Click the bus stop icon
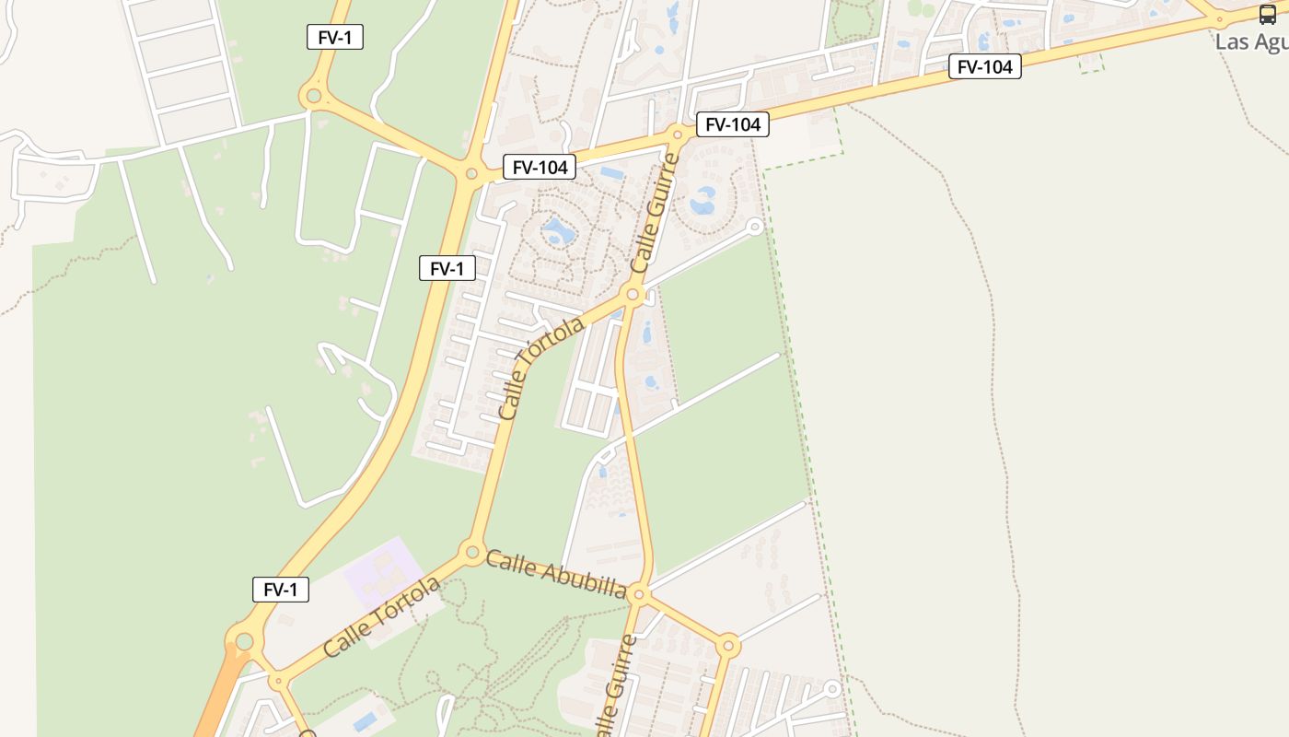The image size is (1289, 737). point(1268,14)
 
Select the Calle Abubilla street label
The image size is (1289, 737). point(556,573)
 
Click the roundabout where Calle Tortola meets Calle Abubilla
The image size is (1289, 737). point(472,553)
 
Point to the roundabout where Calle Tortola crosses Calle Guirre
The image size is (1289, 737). point(633,295)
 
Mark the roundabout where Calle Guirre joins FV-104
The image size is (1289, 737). point(678,135)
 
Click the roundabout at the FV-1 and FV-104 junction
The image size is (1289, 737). point(471,173)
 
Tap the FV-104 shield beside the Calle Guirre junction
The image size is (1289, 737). point(732,124)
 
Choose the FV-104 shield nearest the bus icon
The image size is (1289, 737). point(984,66)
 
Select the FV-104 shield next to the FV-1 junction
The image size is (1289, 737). point(539,167)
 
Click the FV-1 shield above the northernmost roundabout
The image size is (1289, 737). point(334,37)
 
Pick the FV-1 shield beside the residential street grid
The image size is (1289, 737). point(447,268)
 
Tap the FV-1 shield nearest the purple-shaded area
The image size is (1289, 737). point(280,590)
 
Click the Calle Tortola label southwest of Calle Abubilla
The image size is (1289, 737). point(382,617)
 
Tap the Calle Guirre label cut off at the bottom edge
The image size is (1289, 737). point(615,686)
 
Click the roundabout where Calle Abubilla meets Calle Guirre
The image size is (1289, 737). point(639,594)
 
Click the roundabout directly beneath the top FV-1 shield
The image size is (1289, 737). point(314,95)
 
